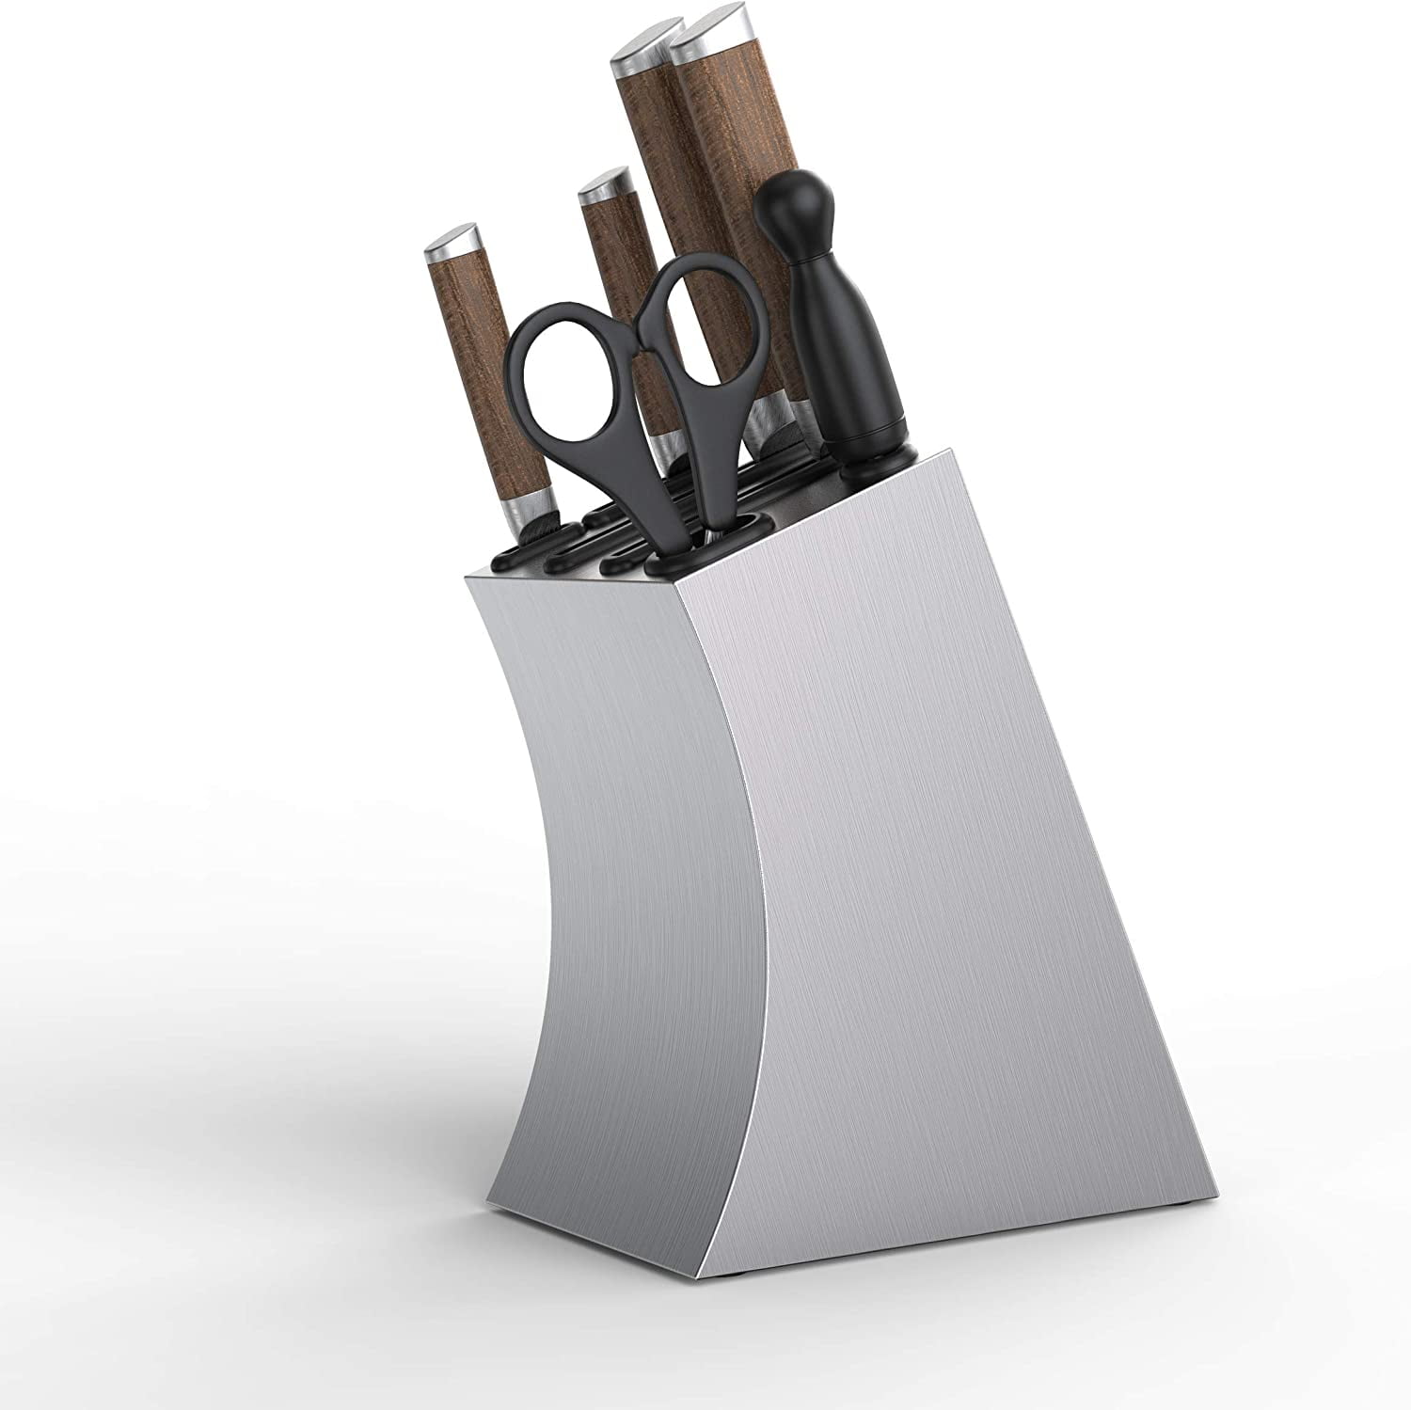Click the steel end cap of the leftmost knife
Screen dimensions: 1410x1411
pyautogui.click(x=449, y=243)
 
